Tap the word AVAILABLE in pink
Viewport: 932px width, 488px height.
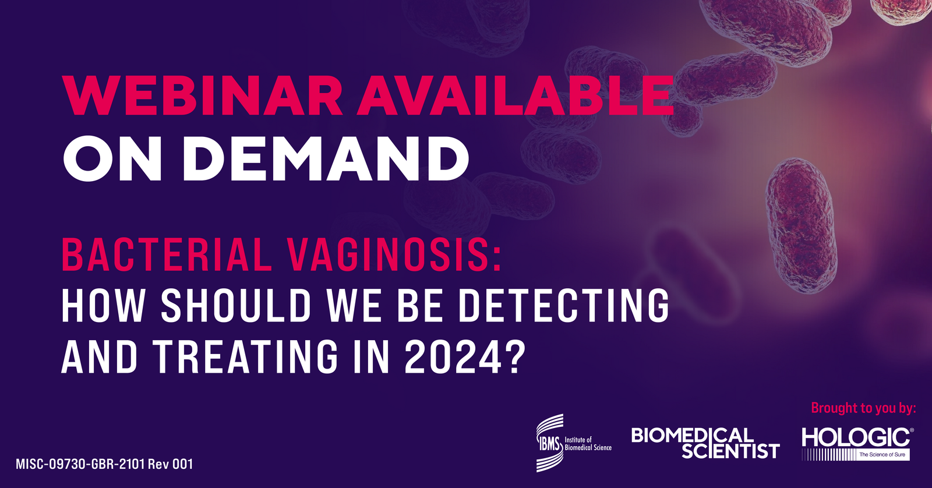click(515, 96)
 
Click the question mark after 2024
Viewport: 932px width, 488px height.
click(512, 356)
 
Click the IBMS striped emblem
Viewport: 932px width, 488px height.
click(549, 443)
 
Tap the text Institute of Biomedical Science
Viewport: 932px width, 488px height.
click(588, 444)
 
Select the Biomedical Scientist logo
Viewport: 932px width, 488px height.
click(705, 443)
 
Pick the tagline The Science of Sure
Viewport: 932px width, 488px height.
click(882, 454)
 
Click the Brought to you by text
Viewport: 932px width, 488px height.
click(863, 408)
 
